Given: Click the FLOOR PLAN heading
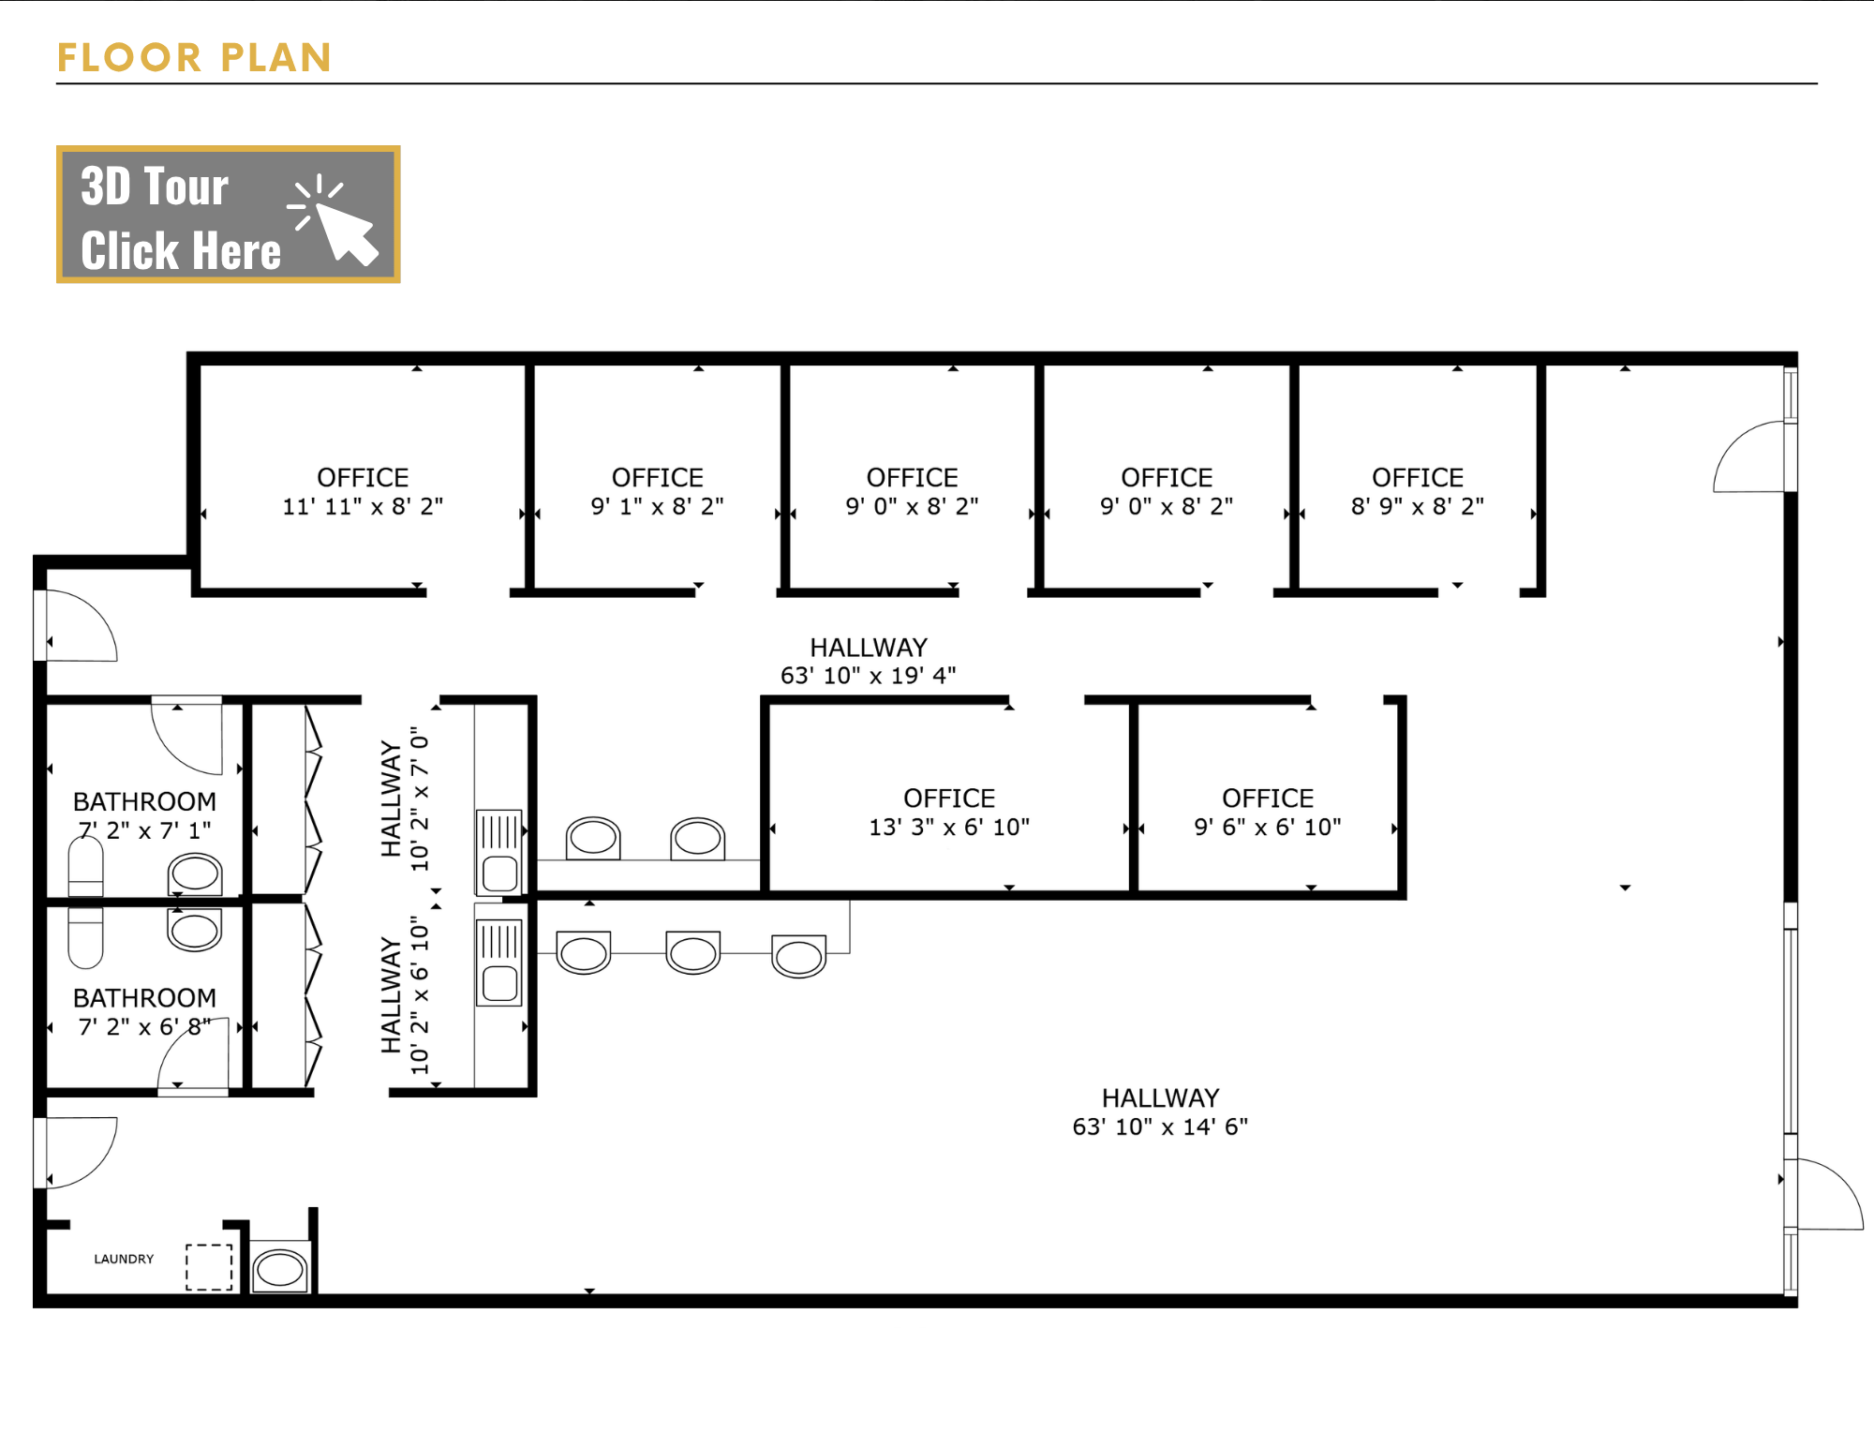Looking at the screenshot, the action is tap(194, 57).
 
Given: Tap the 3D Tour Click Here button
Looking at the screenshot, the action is tap(229, 215).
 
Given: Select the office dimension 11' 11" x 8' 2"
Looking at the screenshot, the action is tap(363, 507).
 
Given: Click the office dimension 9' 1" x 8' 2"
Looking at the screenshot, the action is tap(657, 507).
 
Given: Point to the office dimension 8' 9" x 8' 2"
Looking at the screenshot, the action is tap(1418, 507).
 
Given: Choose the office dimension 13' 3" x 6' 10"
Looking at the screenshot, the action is tap(949, 828).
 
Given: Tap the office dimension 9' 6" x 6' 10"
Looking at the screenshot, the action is tap(1268, 828).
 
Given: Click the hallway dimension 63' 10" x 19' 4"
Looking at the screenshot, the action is tap(869, 676).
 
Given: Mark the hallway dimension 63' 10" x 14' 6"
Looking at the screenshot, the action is tap(1160, 1127).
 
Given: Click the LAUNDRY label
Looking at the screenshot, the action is tap(124, 1259).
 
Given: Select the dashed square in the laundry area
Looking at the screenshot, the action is tap(209, 1267).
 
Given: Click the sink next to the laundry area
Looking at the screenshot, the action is tap(280, 1268).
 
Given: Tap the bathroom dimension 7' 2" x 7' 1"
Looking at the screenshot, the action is tap(144, 830).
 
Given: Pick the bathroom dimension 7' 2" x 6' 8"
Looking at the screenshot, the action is tap(144, 1027).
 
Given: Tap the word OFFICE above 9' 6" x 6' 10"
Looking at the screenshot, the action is tap(1268, 799).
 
